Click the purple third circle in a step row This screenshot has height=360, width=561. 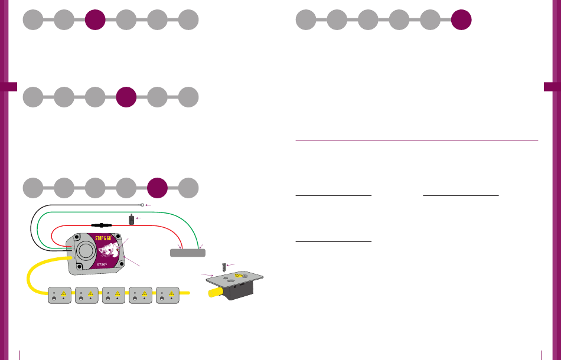click(95, 19)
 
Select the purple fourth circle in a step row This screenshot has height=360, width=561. click(126, 97)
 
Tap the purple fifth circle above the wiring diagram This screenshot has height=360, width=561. click(157, 188)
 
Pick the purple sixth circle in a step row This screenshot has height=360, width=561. click(461, 19)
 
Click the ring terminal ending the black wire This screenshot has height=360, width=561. click(142, 205)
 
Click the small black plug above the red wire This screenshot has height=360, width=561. click(131, 220)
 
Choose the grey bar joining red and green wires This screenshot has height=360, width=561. click(187, 253)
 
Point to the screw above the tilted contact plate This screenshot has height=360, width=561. click(223, 266)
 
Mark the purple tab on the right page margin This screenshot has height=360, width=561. click(552, 87)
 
